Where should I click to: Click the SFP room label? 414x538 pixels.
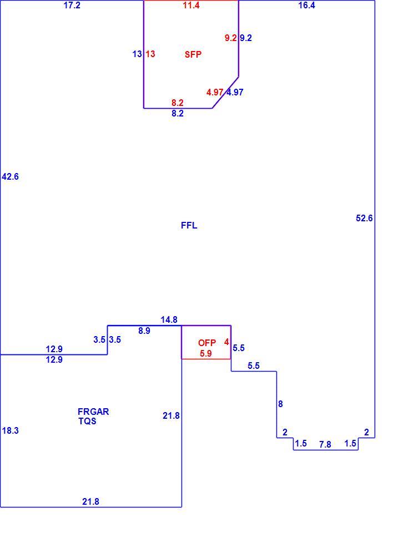193,54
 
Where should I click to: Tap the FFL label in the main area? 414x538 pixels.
189,225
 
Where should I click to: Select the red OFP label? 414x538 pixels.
207,343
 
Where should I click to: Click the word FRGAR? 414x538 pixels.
93,412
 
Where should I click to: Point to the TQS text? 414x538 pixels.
87,421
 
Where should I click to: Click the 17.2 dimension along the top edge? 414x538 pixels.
72,5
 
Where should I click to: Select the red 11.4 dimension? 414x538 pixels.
191,5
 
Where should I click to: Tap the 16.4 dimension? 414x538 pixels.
306,5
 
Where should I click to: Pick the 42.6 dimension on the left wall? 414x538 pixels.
11,177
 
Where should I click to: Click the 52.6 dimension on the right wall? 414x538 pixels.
364,218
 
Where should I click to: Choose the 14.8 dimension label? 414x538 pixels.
169,320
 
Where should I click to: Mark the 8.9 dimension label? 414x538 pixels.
144,331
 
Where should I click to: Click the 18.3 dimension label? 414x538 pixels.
11,430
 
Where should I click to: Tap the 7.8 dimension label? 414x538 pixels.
325,445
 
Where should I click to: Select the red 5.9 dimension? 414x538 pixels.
206,353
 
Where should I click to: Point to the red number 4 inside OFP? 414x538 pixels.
226,342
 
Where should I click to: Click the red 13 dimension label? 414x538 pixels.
150,54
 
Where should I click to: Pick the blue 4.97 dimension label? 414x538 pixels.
235,92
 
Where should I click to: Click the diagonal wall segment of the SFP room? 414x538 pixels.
225,92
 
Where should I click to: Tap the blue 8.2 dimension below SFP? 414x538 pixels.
178,113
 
